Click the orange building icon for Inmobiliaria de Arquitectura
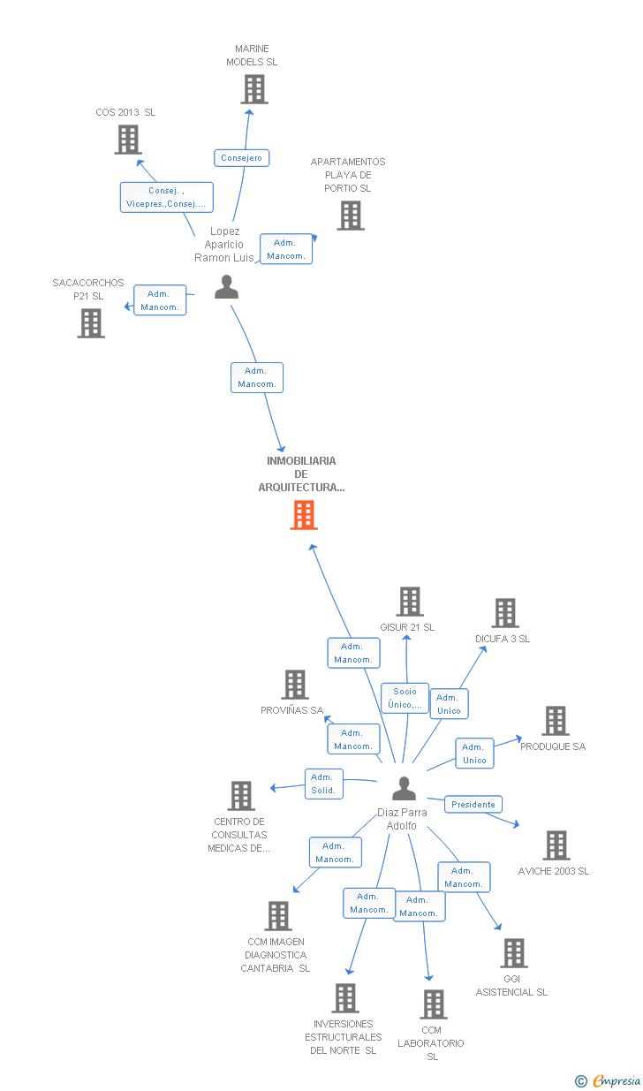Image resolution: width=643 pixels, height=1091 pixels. [304, 515]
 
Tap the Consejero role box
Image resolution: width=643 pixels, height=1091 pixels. [242, 158]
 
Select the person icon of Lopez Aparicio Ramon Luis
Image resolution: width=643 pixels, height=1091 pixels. [226, 287]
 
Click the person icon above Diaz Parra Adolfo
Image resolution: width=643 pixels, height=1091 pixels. [404, 789]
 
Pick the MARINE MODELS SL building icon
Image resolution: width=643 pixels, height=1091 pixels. [254, 89]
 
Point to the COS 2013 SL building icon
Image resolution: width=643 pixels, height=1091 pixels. [128, 140]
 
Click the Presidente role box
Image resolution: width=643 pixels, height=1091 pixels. [473, 804]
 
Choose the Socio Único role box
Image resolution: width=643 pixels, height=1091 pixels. [405, 698]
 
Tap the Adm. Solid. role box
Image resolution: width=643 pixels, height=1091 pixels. [323, 784]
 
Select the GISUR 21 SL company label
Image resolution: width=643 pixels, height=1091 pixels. [407, 627]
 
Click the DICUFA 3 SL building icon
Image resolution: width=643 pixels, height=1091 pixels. [505, 613]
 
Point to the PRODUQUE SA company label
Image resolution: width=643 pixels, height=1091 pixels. [553, 746]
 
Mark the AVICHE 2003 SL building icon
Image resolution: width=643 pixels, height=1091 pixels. [556, 845]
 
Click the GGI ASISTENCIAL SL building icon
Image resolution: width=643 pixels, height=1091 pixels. [514, 953]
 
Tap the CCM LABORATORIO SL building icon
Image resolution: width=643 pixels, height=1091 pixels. [434, 1004]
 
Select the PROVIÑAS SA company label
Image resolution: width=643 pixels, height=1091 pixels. [291, 710]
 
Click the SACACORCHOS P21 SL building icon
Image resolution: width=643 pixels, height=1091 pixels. [91, 323]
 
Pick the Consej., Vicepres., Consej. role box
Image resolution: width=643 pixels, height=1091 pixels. [167, 197]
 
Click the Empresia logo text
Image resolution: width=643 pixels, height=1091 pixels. [617, 1080]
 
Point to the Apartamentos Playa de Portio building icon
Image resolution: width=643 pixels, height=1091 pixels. [351, 216]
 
